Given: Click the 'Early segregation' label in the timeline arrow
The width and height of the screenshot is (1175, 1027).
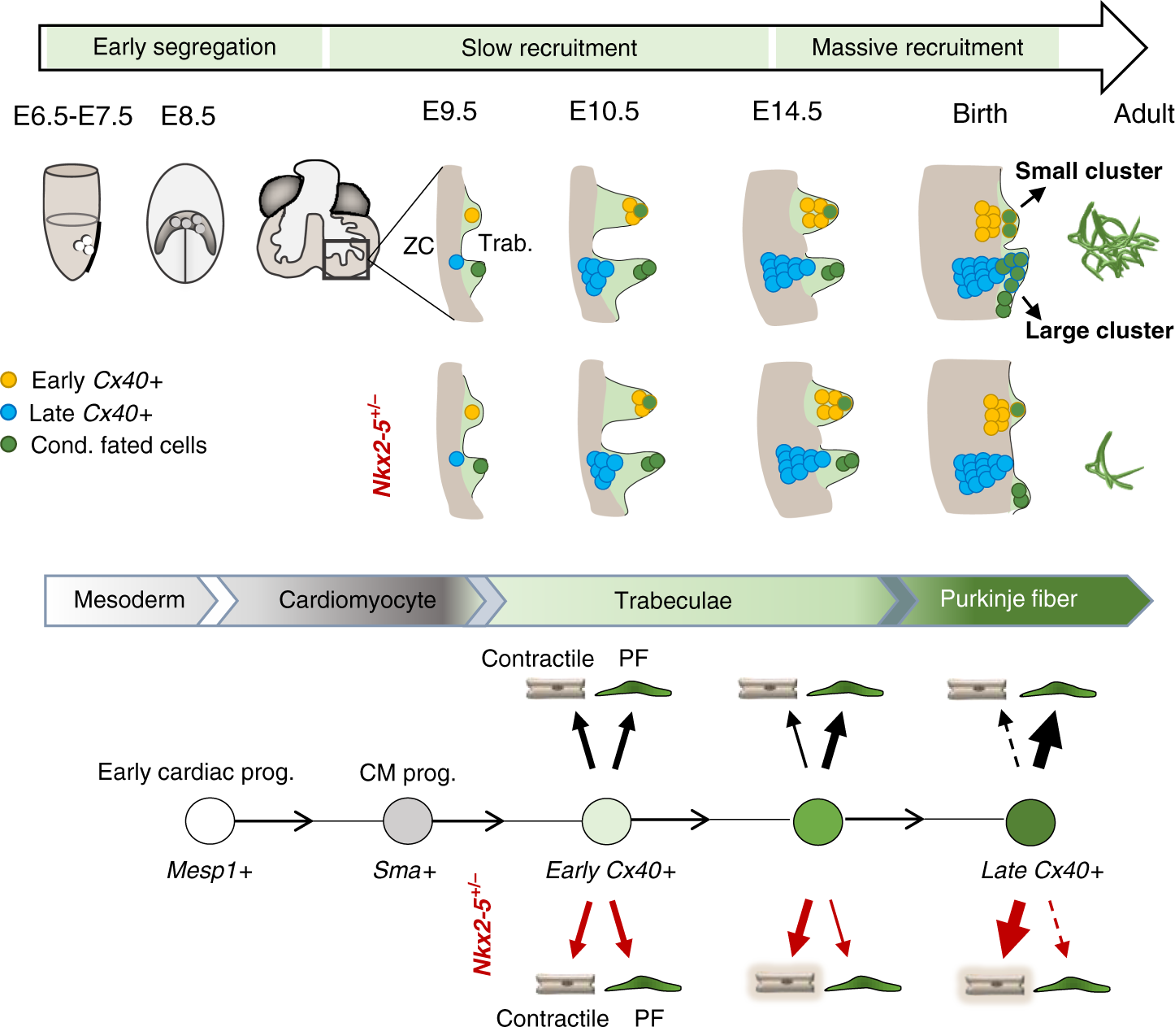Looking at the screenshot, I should coord(184,47).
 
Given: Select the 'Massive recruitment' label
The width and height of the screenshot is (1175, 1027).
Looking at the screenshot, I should coord(917,48).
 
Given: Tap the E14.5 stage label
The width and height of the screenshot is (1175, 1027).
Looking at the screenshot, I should coord(787,111).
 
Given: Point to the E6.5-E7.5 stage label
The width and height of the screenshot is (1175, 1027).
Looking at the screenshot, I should coord(73,116).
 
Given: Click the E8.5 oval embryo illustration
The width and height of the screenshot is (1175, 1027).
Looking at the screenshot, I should coord(185,224).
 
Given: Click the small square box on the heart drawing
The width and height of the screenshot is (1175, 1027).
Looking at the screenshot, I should coord(346,259).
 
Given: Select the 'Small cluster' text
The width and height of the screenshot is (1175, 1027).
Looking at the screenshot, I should coord(1088,172).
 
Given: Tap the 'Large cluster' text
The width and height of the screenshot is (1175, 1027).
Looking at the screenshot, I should coord(1099,331).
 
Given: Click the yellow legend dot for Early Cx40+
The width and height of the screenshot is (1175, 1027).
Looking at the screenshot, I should coord(9,380).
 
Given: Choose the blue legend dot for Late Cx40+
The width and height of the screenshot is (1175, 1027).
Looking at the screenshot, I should coord(9,412).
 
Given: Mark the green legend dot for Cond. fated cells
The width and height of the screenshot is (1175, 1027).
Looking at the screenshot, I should coord(9,445).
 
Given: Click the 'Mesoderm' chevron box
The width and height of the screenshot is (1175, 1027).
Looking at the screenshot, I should coord(129,600).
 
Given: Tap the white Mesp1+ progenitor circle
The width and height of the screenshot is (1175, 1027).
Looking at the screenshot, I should coord(210,821).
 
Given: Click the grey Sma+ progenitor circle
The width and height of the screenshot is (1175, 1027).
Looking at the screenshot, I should coord(408,821).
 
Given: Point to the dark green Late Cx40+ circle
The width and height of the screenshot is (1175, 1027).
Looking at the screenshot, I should coord(1030,822).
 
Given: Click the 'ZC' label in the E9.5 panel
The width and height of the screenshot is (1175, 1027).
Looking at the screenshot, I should coord(418,246).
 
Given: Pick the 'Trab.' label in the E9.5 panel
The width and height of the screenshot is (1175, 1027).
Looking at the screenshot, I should coord(505,243).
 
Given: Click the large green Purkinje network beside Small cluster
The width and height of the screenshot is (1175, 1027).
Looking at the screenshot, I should coord(1111,241).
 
